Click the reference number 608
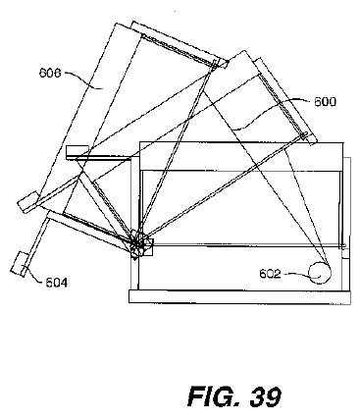[50, 73]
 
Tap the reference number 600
[325, 102]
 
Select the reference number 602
[270, 274]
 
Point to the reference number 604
[57, 283]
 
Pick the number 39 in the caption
[266, 396]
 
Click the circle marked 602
[320, 273]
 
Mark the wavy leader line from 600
[272, 115]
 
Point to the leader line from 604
[33, 273]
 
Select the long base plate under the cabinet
[239, 296]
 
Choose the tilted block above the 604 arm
[27, 202]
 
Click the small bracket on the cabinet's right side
[346, 253]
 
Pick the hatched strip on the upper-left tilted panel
[179, 50]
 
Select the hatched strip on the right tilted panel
[282, 104]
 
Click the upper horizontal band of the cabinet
[241, 156]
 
